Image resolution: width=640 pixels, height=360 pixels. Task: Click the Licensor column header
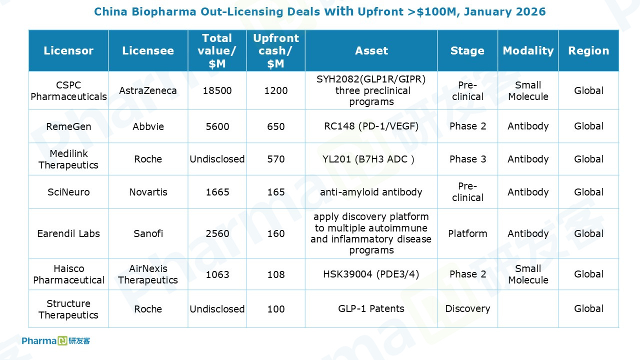click(68, 50)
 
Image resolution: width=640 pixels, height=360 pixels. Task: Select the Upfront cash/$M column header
click(275, 50)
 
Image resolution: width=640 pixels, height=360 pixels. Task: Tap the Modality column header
click(528, 50)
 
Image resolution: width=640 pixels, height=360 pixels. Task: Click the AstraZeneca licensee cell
click(148, 90)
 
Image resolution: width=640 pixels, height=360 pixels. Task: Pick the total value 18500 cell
click(217, 90)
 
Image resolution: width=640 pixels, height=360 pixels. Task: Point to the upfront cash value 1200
click(275, 90)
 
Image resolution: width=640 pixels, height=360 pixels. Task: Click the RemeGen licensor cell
click(68, 126)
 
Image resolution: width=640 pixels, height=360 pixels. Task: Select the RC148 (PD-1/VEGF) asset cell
click(371, 126)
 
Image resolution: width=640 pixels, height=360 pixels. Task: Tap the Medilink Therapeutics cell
click(68, 159)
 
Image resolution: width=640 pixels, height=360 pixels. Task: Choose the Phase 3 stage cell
click(467, 159)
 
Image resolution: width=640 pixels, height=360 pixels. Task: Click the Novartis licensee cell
click(148, 192)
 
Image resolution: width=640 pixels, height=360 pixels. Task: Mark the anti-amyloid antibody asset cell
click(371, 192)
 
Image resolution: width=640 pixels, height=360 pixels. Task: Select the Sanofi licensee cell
click(148, 233)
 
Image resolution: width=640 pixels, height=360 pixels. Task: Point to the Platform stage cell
click(467, 233)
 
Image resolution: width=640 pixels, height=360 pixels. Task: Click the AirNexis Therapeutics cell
click(148, 274)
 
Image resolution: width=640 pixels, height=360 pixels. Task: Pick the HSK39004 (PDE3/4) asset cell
click(371, 274)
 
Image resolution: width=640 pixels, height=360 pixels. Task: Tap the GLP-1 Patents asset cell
click(371, 308)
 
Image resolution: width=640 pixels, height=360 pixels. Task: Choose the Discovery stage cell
click(467, 308)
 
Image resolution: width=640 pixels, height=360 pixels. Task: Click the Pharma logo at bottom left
click(55, 341)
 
